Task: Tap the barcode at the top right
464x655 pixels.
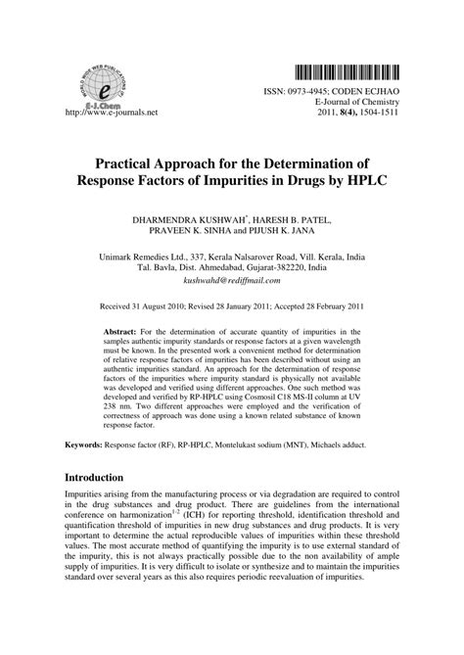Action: [x=344, y=70]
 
